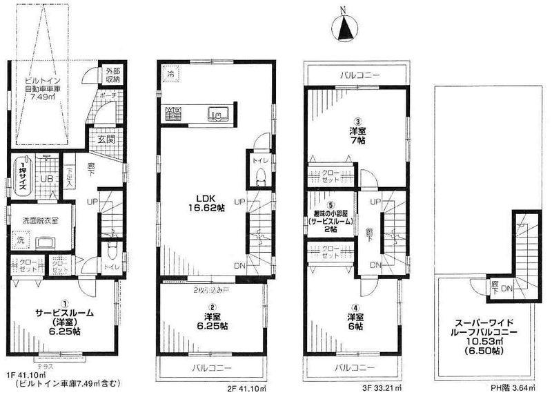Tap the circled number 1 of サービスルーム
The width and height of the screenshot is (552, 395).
coord(66,302)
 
